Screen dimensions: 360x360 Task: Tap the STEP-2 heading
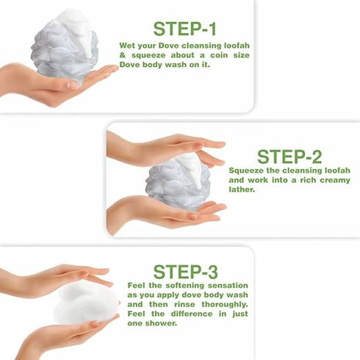pyautogui.click(x=289, y=156)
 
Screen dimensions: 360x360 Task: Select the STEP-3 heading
pyautogui.click(x=185, y=271)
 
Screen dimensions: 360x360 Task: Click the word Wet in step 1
pyautogui.click(x=128, y=45)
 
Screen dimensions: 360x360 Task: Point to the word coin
pyautogui.click(x=201, y=56)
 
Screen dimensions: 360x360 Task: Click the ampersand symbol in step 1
pyautogui.click(x=123, y=56)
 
